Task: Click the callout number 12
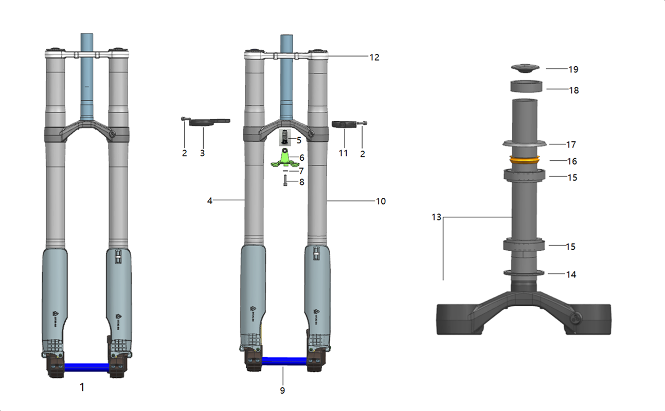(374, 57)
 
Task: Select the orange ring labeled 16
(525, 160)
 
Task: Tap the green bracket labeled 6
(284, 159)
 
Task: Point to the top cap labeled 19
(525, 68)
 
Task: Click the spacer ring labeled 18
(526, 86)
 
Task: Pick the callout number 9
(282, 390)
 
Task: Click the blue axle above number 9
(284, 361)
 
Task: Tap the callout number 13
(437, 217)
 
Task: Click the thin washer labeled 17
(524, 143)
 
